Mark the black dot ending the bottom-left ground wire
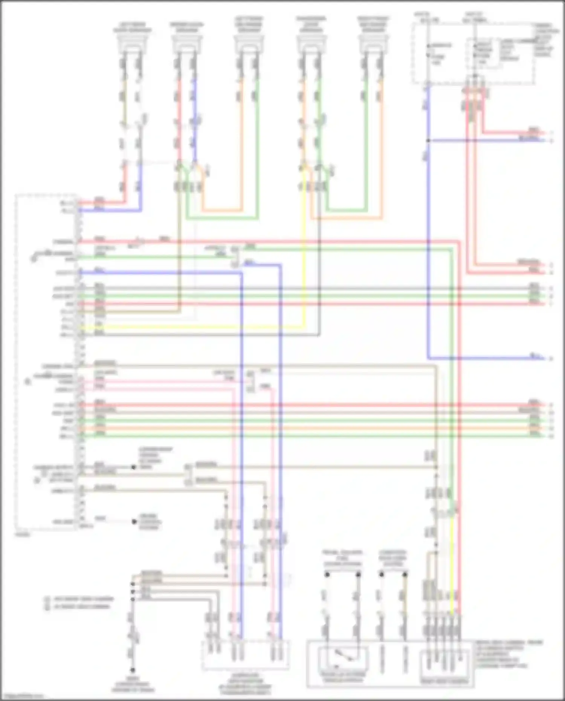(133, 670)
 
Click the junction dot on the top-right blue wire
(428, 141)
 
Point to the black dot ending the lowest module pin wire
(134, 522)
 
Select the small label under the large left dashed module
(23, 534)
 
